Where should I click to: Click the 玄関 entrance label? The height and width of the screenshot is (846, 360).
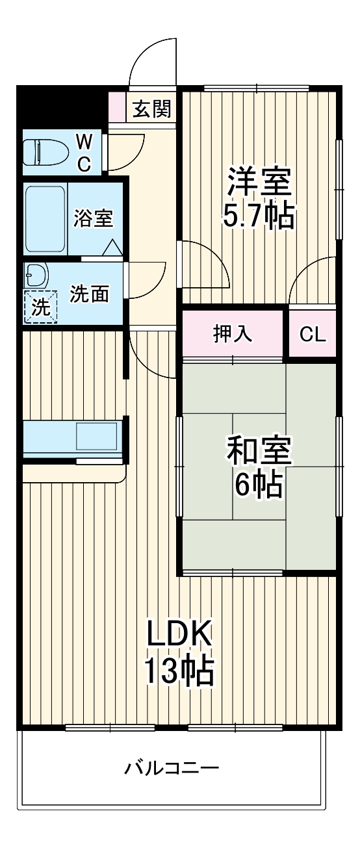click(x=152, y=109)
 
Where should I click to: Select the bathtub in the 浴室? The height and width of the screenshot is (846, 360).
click(x=45, y=220)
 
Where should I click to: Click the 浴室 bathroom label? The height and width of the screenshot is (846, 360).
click(x=93, y=218)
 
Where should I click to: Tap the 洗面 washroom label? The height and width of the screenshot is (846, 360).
click(x=89, y=294)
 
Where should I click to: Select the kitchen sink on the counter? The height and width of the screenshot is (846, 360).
click(x=96, y=436)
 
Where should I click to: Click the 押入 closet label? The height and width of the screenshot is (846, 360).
click(x=232, y=334)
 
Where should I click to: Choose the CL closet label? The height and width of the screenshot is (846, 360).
click(x=312, y=334)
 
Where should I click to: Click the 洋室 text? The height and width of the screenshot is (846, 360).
click(x=259, y=182)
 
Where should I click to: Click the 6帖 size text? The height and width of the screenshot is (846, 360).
click(x=258, y=484)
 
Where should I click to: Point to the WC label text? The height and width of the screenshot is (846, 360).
click(x=84, y=151)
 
